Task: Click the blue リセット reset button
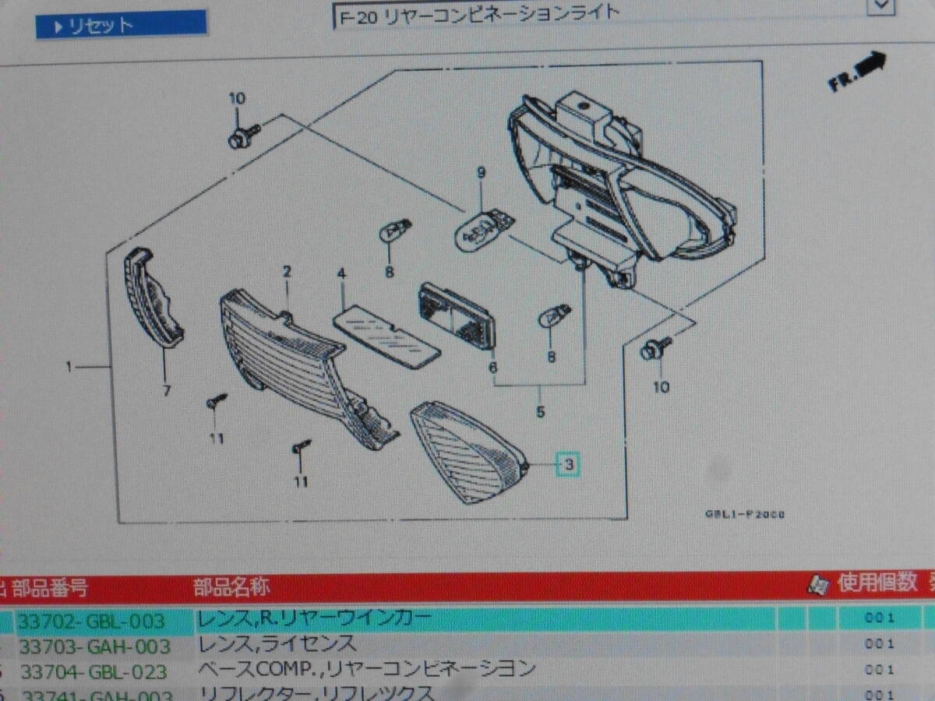point(121,25)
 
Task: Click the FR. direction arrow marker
point(858,71)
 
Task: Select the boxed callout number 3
point(568,466)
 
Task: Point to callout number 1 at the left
point(69,366)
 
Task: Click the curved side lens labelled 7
point(153,297)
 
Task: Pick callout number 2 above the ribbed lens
point(287,272)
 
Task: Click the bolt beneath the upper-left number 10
point(238,139)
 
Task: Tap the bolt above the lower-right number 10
point(651,350)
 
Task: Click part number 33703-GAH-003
point(94,646)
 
